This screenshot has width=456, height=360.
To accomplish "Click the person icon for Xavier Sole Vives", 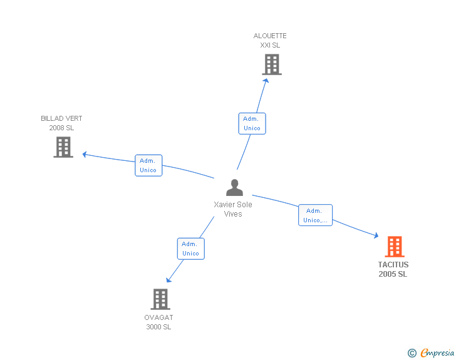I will pos(234,188).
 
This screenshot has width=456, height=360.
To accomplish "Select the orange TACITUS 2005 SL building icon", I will pos(394,247).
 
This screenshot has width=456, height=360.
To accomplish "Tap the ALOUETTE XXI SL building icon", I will pos(271,64).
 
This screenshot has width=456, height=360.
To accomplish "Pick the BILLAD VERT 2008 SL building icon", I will pos(63,147).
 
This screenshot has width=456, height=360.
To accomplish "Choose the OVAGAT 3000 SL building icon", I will pos(160,299).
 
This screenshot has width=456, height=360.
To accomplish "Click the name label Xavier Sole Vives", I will pos(233,209).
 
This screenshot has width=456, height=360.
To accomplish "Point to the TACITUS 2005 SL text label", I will pos(393,270).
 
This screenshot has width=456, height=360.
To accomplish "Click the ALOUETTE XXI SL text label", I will pos(270,41).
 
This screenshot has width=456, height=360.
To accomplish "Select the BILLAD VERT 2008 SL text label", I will pos(61,123).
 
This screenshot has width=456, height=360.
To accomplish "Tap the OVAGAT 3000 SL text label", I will pos(158,322).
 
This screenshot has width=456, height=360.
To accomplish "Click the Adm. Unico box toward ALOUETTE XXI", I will pos(252,123).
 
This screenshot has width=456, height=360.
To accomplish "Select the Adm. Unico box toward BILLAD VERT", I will pos(148,165).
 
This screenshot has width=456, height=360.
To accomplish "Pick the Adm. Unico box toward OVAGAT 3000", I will pos(190,249).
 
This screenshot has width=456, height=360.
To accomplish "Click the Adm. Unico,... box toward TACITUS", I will pos(315,215).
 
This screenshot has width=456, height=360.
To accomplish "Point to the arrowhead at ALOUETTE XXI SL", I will pos(267,80).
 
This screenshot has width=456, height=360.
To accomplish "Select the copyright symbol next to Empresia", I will pos(412,353).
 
